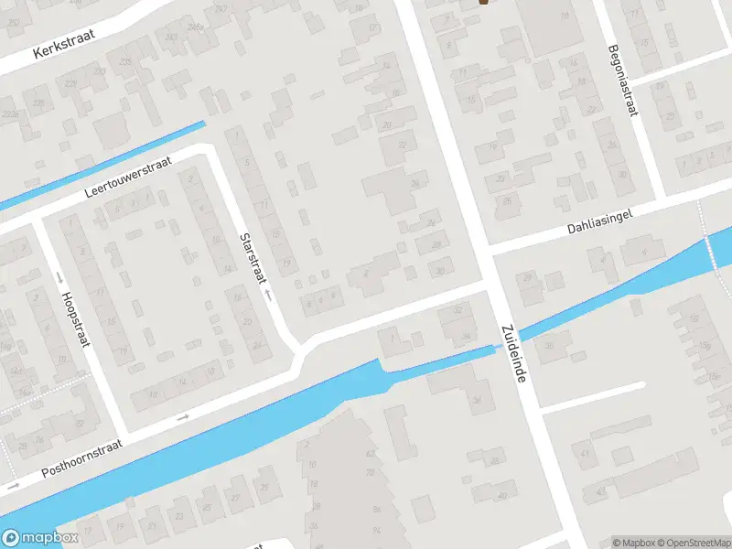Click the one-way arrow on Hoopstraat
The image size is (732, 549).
coord(60,276)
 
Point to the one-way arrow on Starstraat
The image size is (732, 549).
coord(267,296)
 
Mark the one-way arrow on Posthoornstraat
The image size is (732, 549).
coord(182,418)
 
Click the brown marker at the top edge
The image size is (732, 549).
coord(483,2)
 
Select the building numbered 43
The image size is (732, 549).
coord(600,494)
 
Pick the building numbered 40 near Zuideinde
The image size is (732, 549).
coord(502,496)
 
